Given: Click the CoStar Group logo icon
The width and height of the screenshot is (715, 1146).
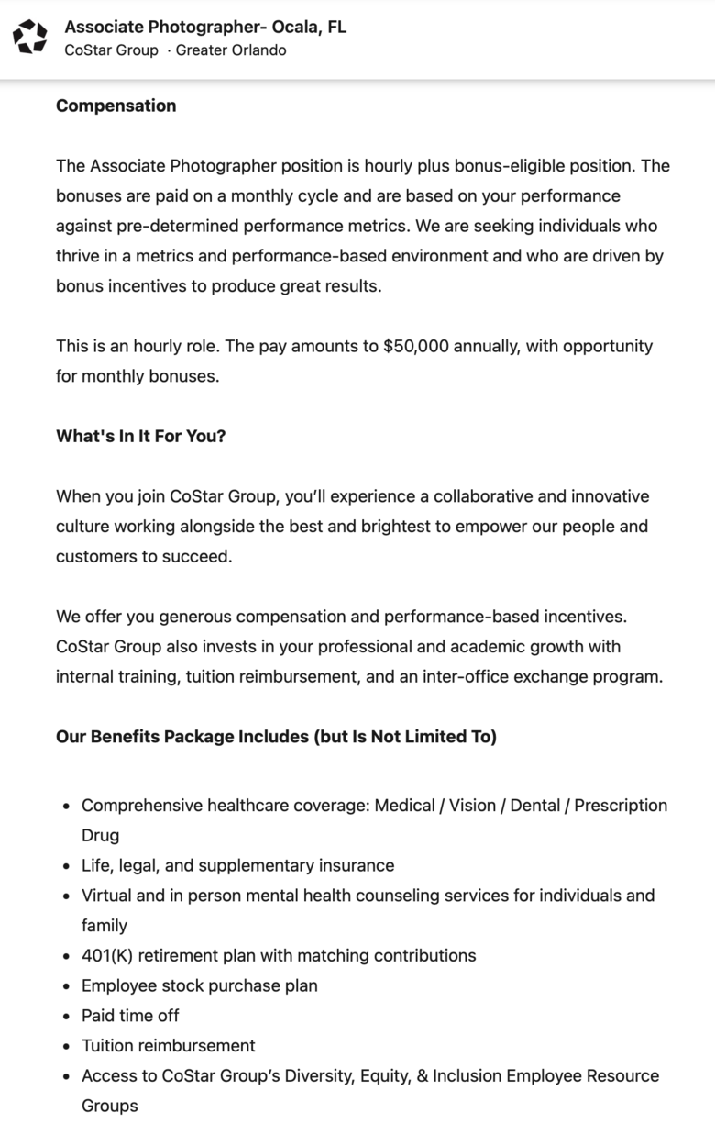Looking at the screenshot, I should (x=30, y=37).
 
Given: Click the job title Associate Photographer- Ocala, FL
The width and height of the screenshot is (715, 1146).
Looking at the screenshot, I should (x=205, y=27).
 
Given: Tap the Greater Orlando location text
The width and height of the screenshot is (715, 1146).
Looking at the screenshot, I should (x=231, y=50).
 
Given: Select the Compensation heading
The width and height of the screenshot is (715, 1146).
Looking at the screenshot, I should (x=115, y=106).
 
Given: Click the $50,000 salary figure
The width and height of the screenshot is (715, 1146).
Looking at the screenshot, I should (x=416, y=346).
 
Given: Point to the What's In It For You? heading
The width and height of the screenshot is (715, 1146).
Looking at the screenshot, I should (x=140, y=436).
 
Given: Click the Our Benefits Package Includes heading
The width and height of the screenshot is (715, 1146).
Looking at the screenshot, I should (x=276, y=737).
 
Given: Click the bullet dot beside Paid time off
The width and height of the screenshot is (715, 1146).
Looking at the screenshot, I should (x=67, y=1017).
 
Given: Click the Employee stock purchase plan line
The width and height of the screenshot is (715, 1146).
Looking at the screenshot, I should (x=199, y=985).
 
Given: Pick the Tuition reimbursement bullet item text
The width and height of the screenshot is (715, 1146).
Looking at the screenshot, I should (x=168, y=1045).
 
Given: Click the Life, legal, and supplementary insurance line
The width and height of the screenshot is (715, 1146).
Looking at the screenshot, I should (x=237, y=865).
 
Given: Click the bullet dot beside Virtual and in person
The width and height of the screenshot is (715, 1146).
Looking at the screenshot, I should (x=67, y=896).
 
